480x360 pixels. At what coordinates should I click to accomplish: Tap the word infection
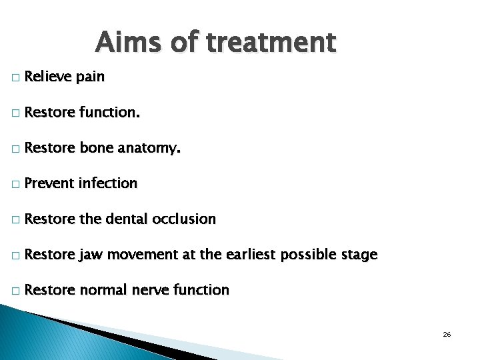point(108,184)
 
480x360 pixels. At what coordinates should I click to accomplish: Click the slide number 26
point(447,333)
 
